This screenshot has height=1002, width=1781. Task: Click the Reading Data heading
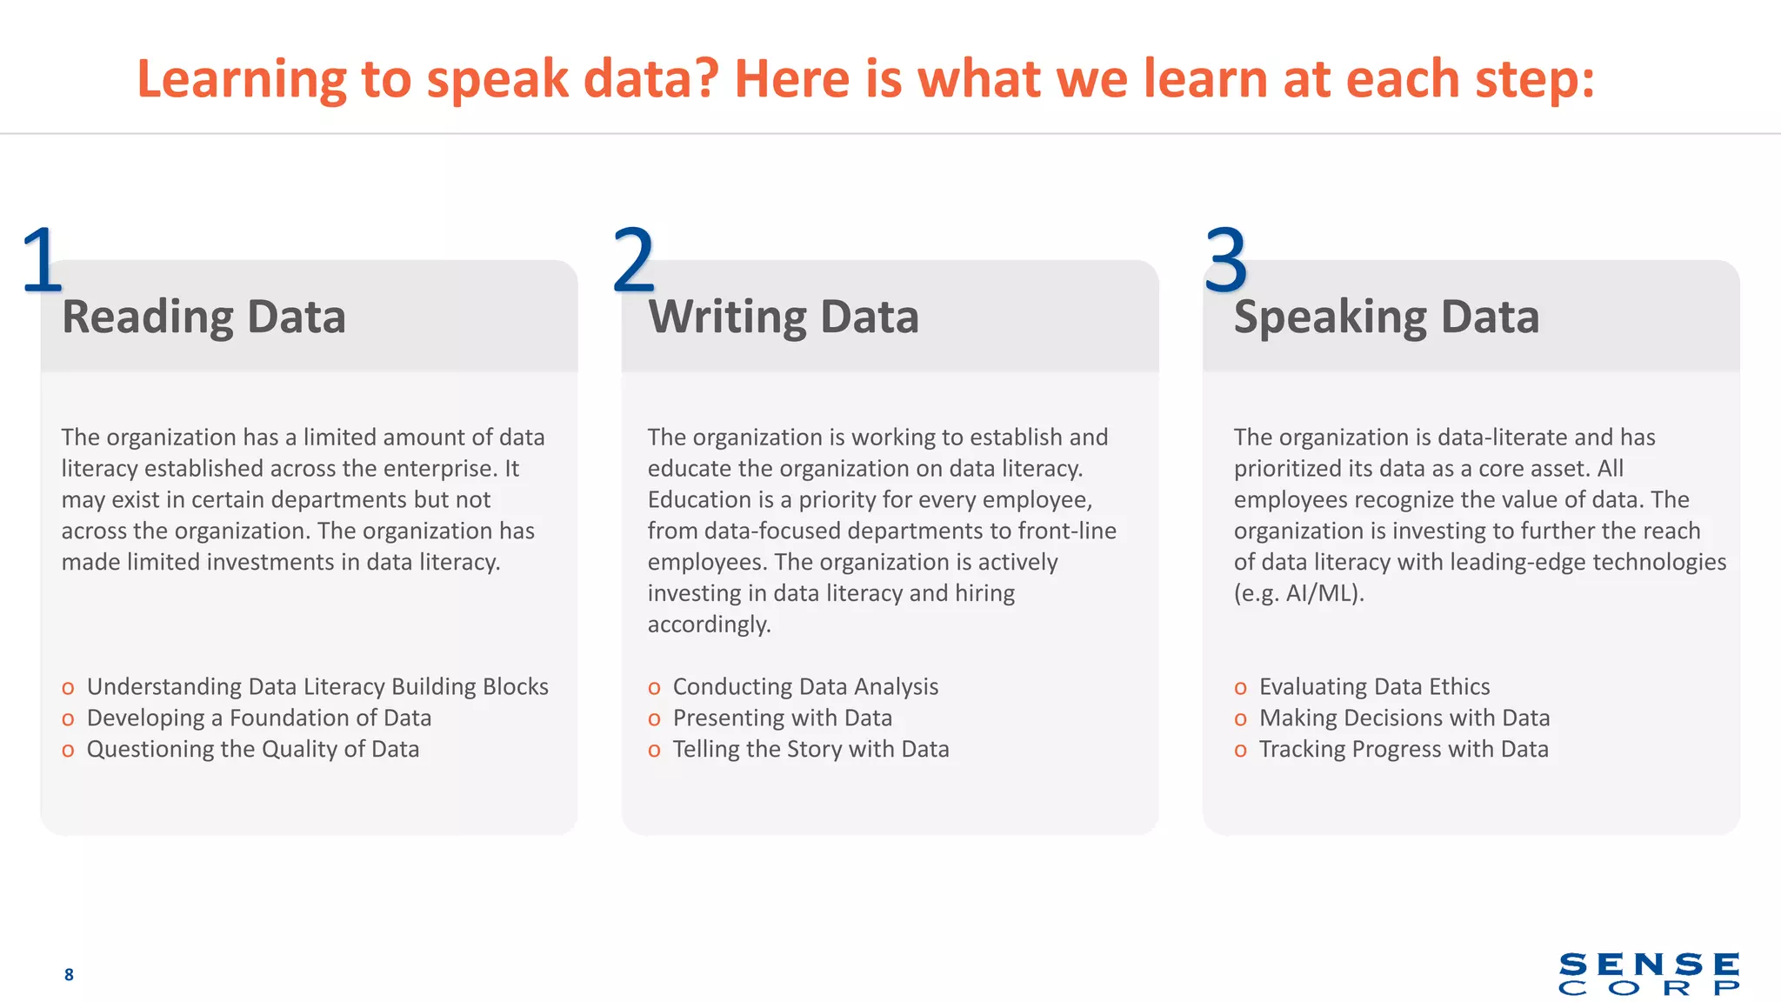tap(203, 317)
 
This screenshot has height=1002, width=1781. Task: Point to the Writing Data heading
tap(783, 317)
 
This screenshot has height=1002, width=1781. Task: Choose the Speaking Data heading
tap(1386, 317)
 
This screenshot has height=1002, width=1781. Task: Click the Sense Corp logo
tap(1649, 973)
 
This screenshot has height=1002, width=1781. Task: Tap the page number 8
tap(69, 974)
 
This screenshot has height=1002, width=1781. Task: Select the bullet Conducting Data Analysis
tap(805, 687)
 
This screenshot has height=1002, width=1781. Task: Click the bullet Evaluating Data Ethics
tap(1374, 687)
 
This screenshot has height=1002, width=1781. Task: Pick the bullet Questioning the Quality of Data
tap(252, 750)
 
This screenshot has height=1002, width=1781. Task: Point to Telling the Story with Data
tap(810, 750)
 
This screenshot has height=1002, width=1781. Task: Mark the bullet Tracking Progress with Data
tap(1404, 750)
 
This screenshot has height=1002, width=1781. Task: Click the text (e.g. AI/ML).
tap(1298, 593)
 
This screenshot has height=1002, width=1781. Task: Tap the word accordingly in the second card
tap(709, 625)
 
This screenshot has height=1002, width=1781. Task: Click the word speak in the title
tap(497, 80)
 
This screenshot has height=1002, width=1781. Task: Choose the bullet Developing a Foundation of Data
tap(258, 718)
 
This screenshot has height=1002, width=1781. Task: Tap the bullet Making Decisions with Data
tap(1404, 718)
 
